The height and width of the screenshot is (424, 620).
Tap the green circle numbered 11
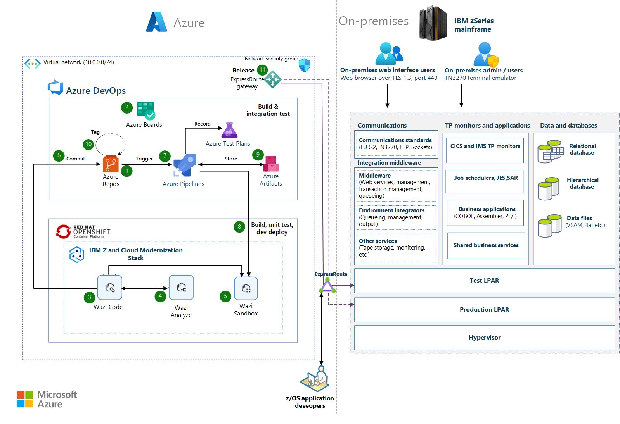[x=262, y=70]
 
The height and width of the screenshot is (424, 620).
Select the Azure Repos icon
[x=111, y=164]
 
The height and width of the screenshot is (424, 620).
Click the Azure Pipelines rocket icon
[x=185, y=164]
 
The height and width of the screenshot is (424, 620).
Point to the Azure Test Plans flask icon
[x=229, y=131]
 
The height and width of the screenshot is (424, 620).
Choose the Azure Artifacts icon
[x=271, y=164]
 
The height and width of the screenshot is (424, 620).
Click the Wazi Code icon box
[x=109, y=287]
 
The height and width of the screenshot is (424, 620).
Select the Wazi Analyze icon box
[x=181, y=287]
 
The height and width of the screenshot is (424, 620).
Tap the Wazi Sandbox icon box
[x=246, y=288]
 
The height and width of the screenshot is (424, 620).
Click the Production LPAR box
[x=484, y=309]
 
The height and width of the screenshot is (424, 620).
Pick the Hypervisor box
[x=484, y=337]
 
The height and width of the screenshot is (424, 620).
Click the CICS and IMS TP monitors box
[x=485, y=150]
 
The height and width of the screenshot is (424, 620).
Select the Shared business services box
[x=486, y=245]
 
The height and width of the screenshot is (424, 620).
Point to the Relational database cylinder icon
[x=550, y=152]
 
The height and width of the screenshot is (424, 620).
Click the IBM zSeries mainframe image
[x=433, y=23]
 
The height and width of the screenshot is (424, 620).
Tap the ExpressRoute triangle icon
[x=327, y=286]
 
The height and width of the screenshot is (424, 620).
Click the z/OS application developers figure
[x=315, y=379]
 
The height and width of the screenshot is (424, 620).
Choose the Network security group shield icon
[x=305, y=65]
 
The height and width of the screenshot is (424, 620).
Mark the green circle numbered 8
[x=239, y=227]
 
